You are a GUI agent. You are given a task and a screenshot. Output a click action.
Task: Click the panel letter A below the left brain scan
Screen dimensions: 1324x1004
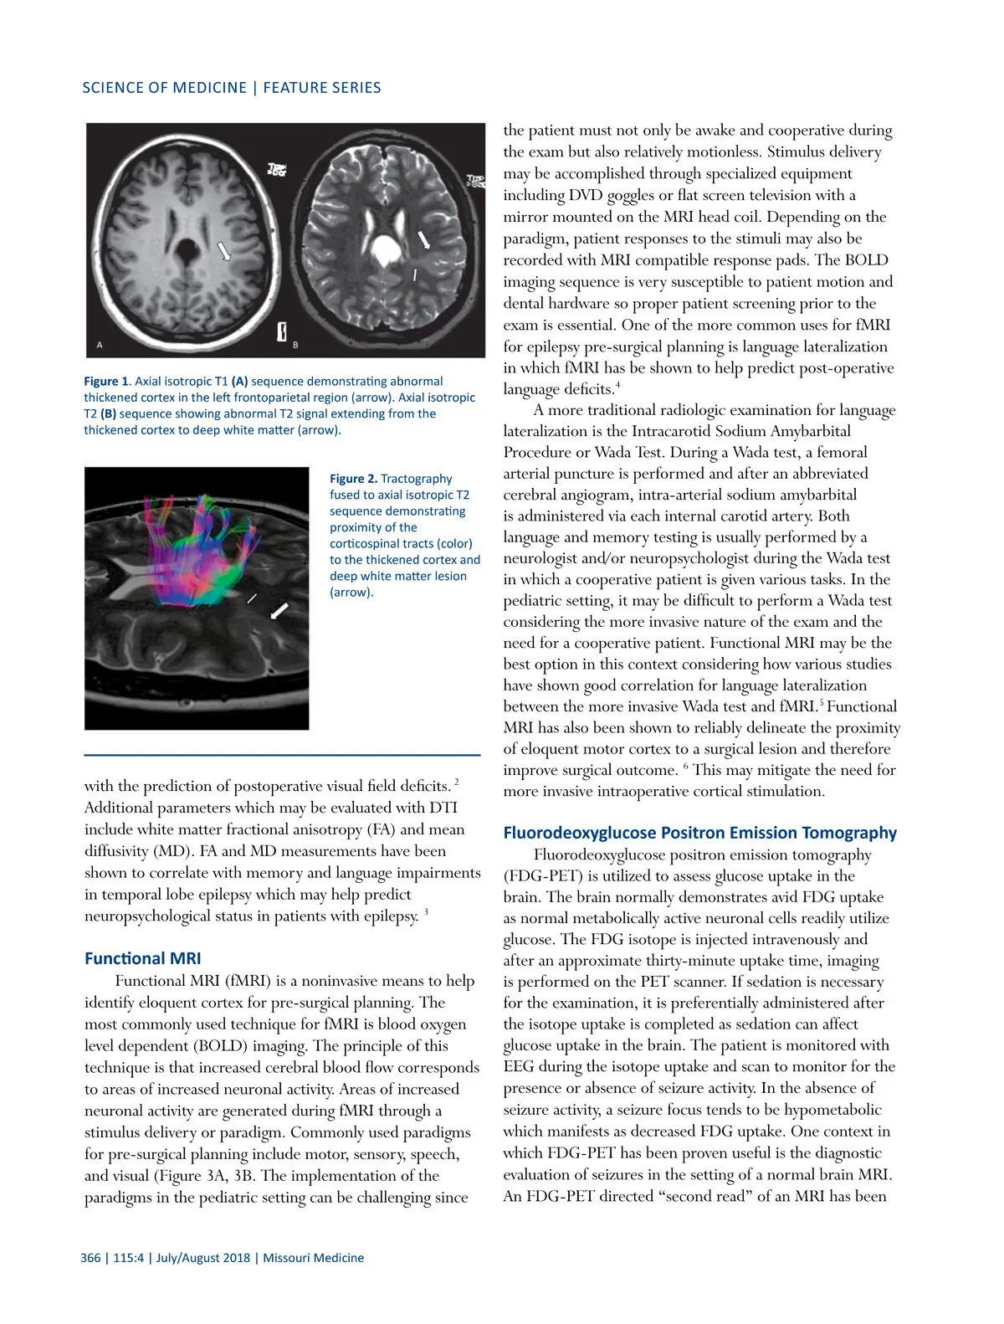[x=100, y=345]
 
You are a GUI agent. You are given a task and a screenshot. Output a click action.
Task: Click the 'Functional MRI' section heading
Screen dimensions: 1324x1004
[x=143, y=959]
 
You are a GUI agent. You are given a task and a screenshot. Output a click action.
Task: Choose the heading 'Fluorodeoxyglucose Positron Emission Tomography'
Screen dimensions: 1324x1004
[x=699, y=833]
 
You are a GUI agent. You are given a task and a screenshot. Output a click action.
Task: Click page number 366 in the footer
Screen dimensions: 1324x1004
[x=90, y=1258]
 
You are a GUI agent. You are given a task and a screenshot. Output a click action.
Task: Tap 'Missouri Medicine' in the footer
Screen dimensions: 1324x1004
[x=314, y=1258]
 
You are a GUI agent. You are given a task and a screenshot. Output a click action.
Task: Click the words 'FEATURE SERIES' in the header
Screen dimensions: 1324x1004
[x=322, y=88]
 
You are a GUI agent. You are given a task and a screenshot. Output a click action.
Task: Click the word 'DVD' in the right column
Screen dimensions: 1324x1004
[x=585, y=195]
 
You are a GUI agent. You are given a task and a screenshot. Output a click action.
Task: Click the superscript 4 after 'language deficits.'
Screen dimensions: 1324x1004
[x=617, y=384]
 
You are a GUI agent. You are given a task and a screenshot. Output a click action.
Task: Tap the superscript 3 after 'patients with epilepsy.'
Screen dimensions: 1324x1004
[x=426, y=911]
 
